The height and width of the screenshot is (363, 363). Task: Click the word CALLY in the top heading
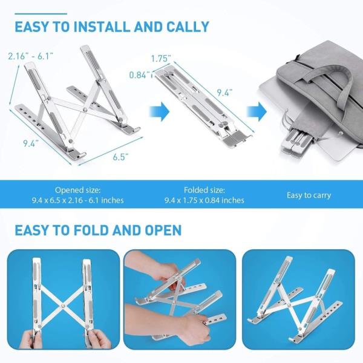tap(188, 27)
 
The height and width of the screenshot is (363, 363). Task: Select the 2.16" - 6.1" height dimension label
tap(31, 56)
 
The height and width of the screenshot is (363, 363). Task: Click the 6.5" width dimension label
tap(120, 157)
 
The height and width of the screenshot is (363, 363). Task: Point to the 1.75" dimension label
tap(161, 59)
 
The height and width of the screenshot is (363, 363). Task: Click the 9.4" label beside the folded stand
tap(224, 93)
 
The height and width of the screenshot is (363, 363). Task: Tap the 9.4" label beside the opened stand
tap(31, 143)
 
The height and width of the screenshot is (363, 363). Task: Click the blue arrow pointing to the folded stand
tap(160, 111)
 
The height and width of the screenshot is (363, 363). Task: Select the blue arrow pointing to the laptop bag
tap(257, 111)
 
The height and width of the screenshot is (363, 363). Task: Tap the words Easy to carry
tap(309, 195)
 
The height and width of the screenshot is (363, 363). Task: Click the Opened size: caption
tap(78, 190)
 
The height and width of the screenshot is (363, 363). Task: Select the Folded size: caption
tap(204, 190)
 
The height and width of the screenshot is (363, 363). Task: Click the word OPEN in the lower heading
tap(163, 231)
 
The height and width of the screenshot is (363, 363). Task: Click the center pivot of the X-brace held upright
tap(63, 306)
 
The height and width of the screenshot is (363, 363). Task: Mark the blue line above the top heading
tap(41, 14)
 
